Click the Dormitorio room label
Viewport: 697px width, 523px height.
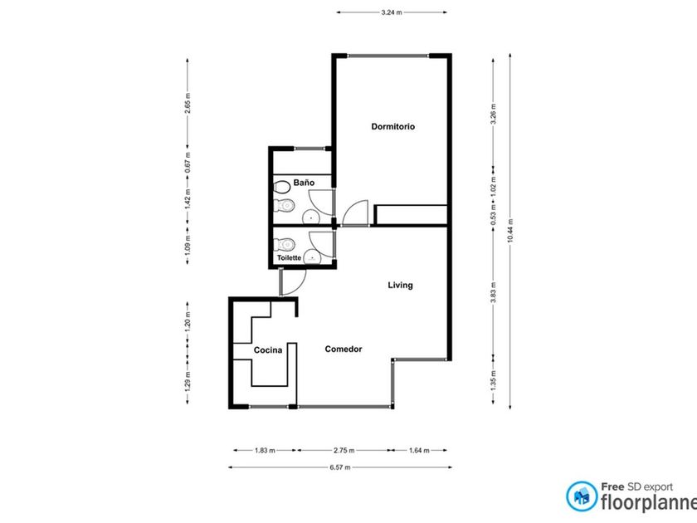click(x=393, y=127)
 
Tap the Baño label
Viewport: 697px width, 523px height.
click(x=304, y=183)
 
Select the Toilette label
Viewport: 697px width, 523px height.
click(x=289, y=258)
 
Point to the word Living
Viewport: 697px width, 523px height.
click(x=400, y=285)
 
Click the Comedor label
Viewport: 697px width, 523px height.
click(x=344, y=349)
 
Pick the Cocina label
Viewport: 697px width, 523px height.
click(x=267, y=350)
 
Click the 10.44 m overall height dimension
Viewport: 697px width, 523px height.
click(x=510, y=231)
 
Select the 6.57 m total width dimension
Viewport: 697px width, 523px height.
click(x=340, y=467)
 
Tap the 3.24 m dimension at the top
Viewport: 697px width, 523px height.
click(x=391, y=12)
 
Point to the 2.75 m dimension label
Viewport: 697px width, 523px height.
click(x=344, y=451)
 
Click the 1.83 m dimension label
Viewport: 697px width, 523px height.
click(x=265, y=451)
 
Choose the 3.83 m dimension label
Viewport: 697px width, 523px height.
click(x=493, y=292)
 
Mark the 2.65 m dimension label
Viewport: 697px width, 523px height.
click(x=188, y=103)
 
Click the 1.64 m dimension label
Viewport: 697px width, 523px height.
click(x=419, y=451)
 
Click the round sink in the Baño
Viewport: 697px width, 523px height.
click(x=310, y=218)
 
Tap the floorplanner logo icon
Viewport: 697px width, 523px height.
click(x=582, y=496)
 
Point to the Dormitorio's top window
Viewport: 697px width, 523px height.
click(x=388, y=56)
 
